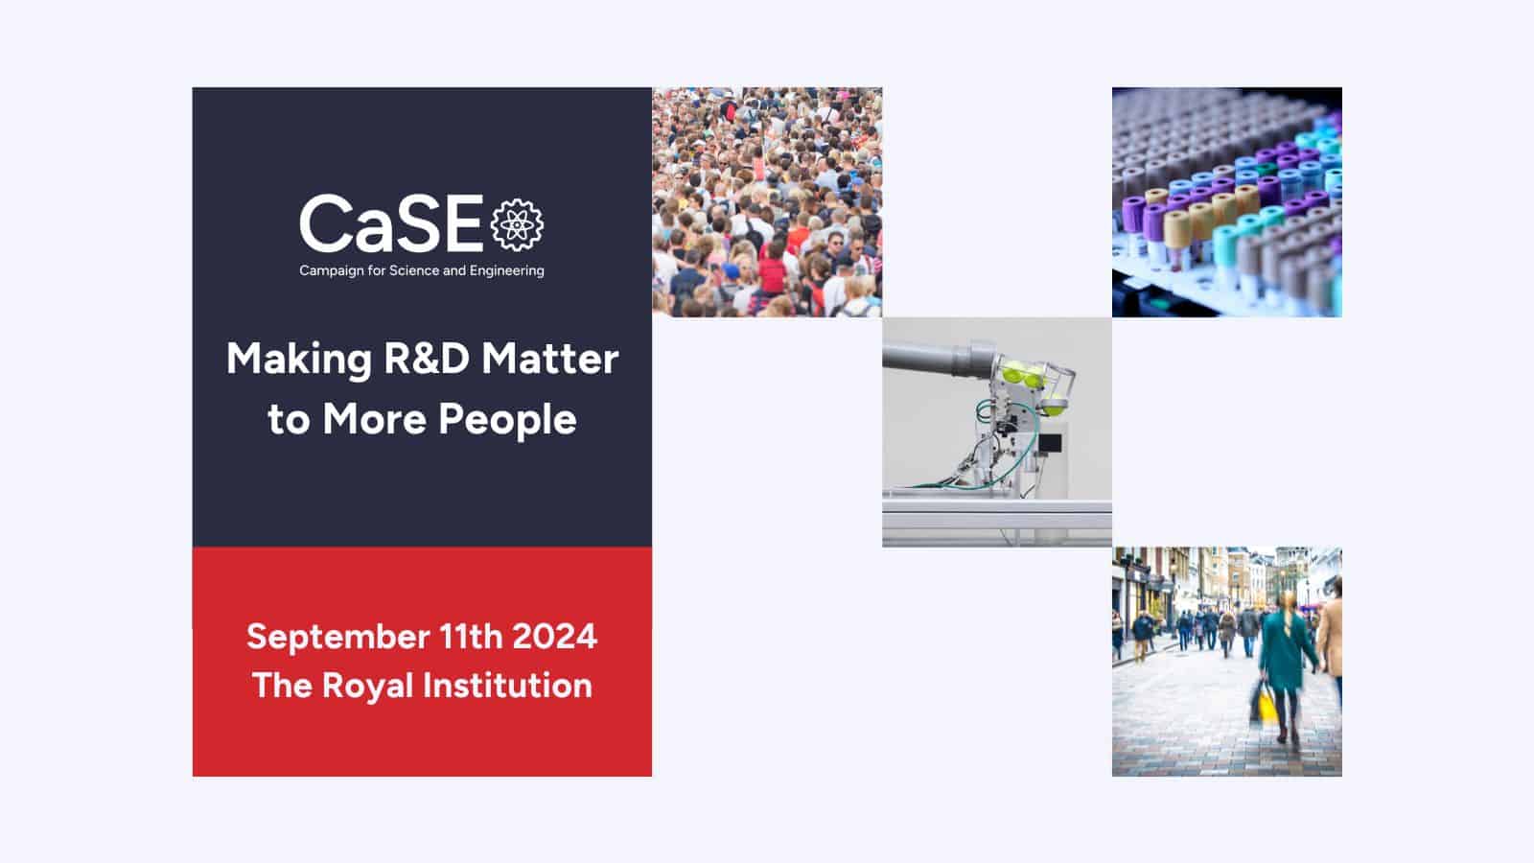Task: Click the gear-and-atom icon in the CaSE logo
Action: coord(517,224)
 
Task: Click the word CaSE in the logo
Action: coord(391,223)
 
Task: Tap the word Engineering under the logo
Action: coord(507,271)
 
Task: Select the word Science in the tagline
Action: coord(414,270)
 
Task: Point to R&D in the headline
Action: coord(426,359)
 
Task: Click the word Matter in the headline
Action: coord(550,359)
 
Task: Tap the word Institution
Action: coord(507,685)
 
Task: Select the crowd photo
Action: coord(767,202)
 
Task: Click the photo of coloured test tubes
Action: coord(1227,202)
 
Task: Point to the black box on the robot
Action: coord(1049,443)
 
